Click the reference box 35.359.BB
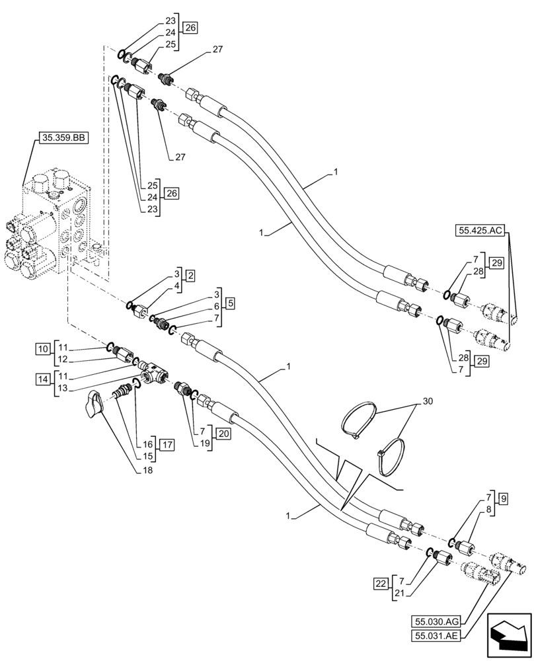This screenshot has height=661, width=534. point(64,138)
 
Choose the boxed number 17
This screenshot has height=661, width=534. point(167,445)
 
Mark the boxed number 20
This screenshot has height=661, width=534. point(223,434)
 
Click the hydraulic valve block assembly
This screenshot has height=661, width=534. point(53,225)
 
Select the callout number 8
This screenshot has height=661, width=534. point(488,510)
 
